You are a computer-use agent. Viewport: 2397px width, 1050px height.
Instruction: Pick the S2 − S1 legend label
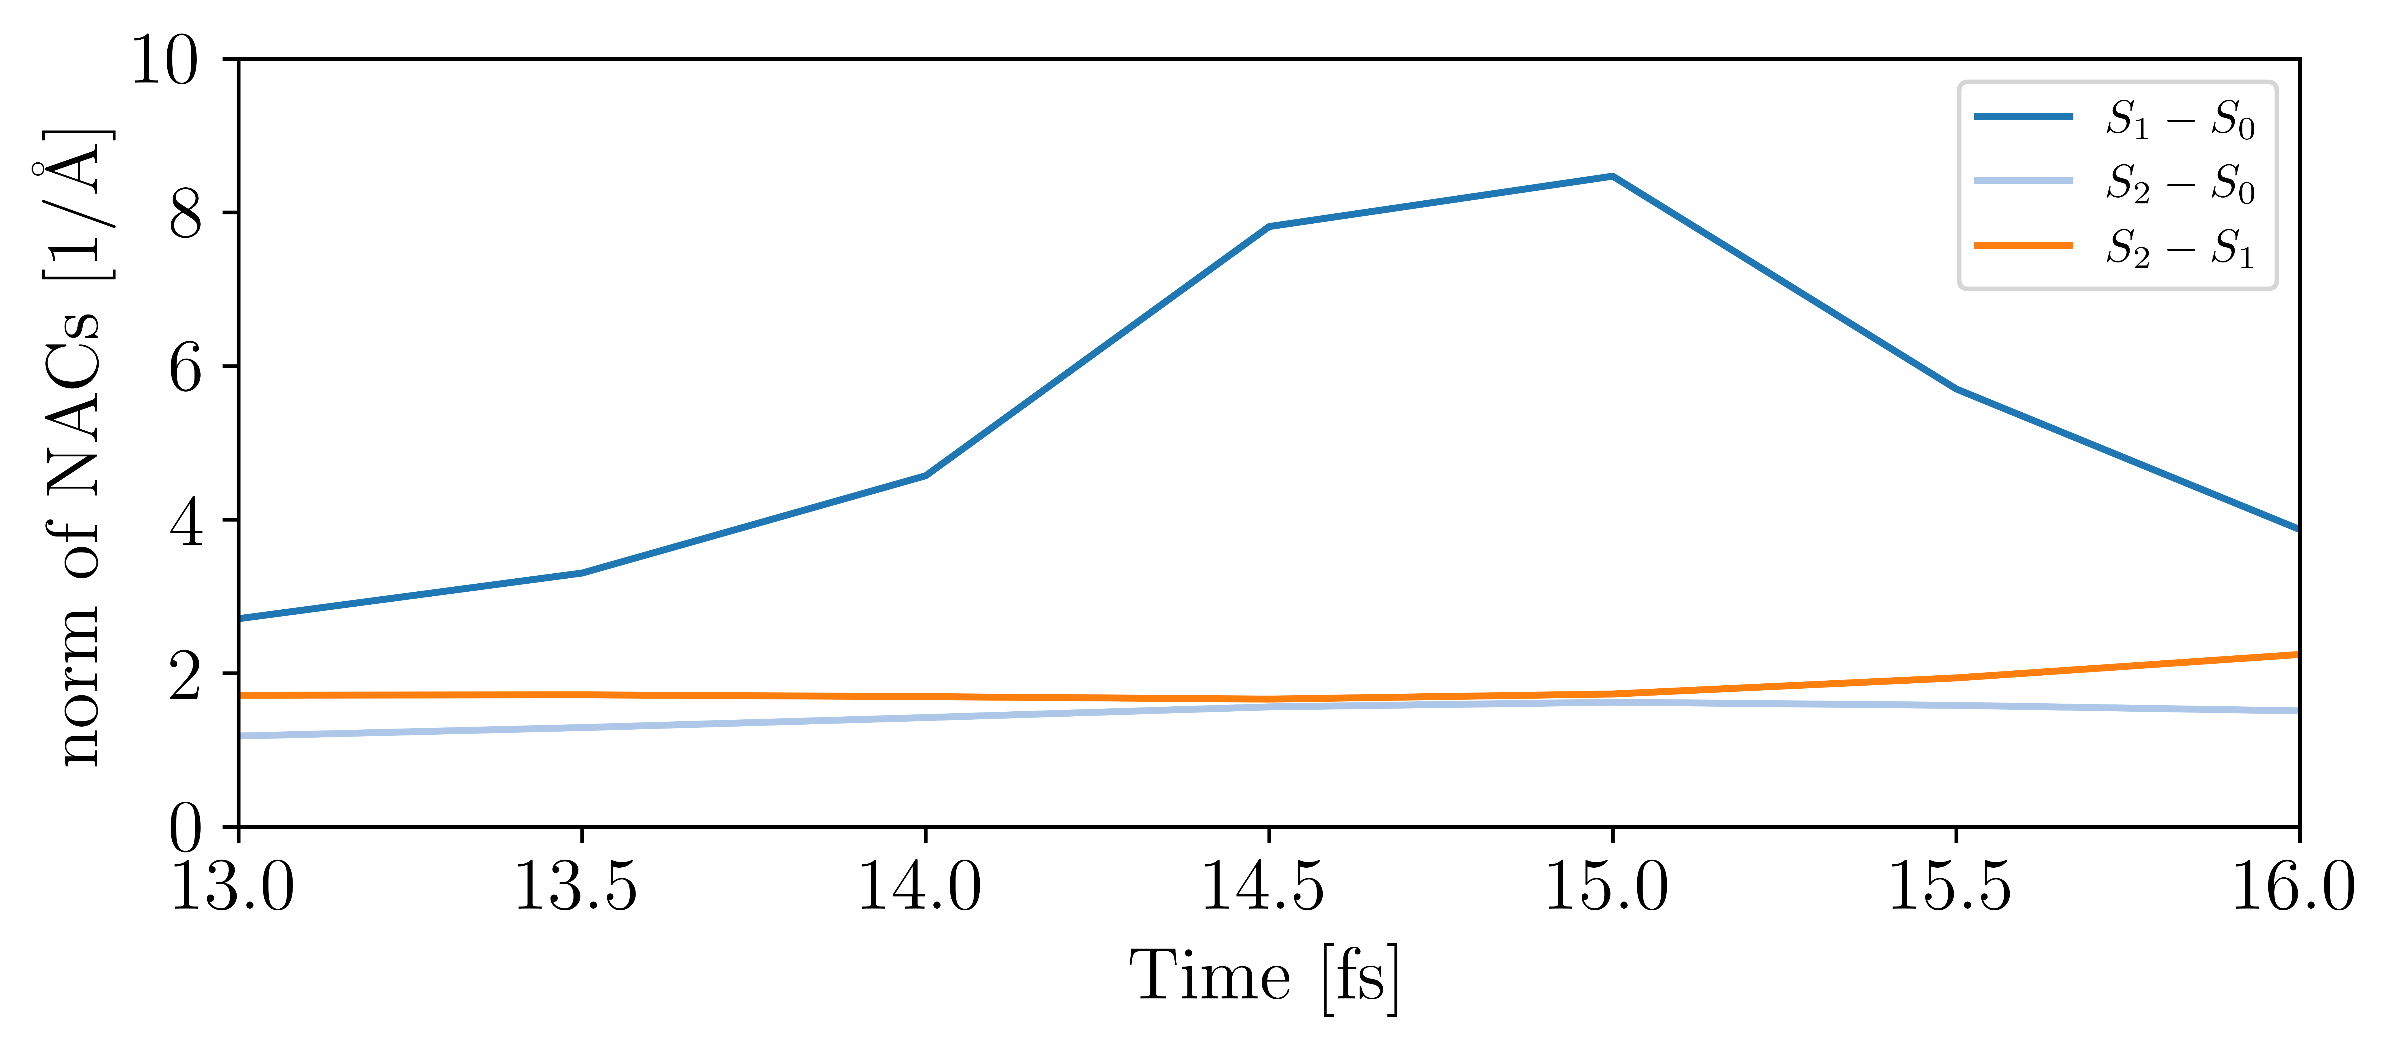point(2180,248)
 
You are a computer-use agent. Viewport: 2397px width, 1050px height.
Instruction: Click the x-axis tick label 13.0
point(233,887)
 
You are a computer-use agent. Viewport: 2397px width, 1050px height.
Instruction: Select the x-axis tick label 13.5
point(576,887)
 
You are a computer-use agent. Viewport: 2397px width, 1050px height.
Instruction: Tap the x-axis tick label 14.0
point(919,887)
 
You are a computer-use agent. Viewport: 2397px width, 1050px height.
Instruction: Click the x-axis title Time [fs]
point(1264,977)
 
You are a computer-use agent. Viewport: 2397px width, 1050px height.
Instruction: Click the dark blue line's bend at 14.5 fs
point(1268,226)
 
